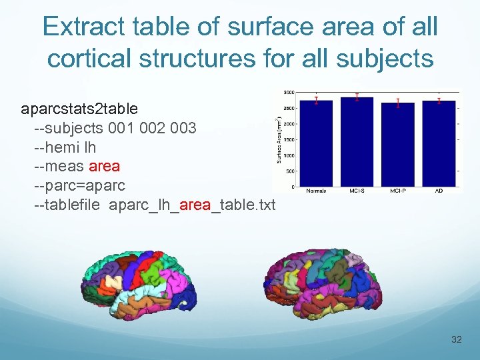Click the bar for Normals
tap(316, 143)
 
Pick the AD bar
tap(439, 143)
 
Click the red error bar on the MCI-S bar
tap(357, 97)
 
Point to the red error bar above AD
tap(439, 101)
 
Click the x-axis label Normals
tap(316, 191)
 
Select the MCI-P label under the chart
tap(398, 191)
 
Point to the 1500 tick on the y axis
tap(289, 139)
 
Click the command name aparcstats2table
tap(79, 109)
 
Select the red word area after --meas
tap(104, 166)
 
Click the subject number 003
tap(182, 127)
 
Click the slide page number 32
tap(456, 340)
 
